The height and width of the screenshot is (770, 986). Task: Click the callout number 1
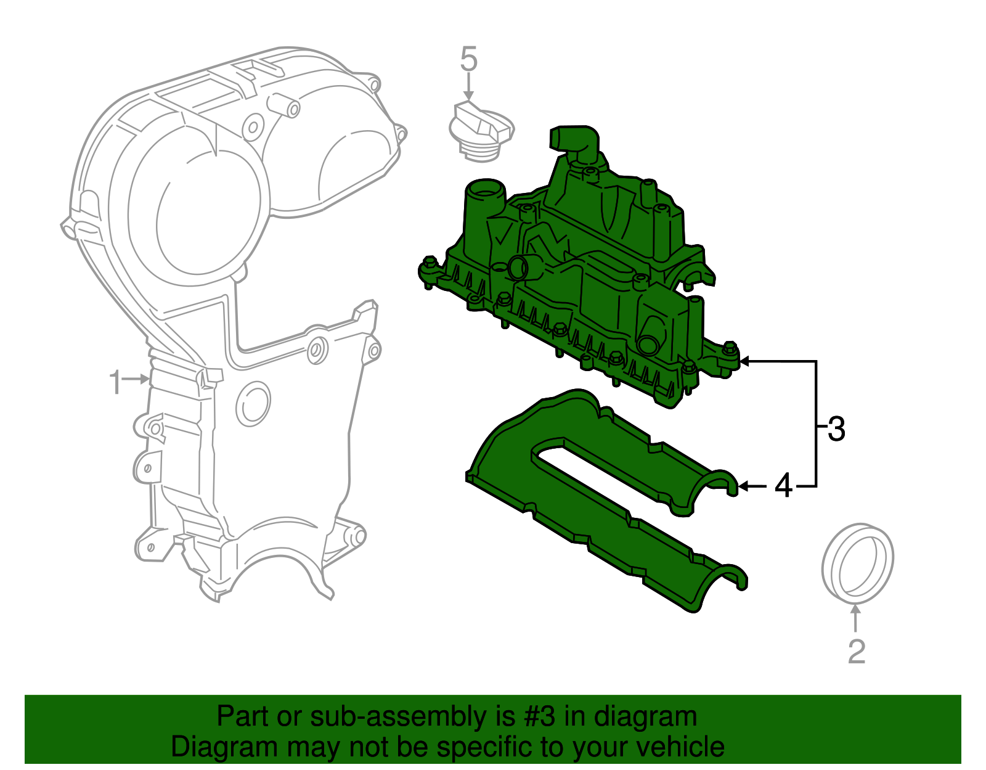[115, 383]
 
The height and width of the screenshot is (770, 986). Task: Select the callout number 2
[857, 651]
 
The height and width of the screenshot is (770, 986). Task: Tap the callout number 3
[836, 429]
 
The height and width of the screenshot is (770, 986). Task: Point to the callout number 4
[783, 486]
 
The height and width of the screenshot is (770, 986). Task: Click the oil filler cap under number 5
[480, 133]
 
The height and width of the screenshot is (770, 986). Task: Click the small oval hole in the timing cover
[253, 404]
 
